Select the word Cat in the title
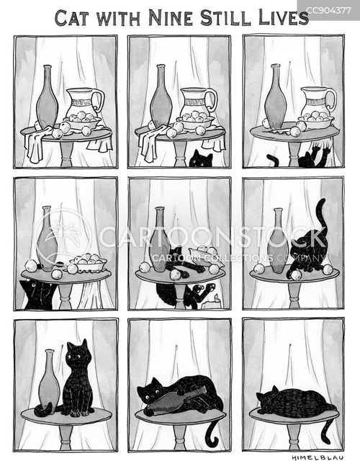(72, 18)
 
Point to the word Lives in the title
(283, 18)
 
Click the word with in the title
(119, 19)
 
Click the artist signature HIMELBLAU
(318, 457)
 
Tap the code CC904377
(328, 11)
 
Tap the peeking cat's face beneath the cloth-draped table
(200, 160)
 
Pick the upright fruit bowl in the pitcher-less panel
(89, 262)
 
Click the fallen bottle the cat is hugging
(179, 401)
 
